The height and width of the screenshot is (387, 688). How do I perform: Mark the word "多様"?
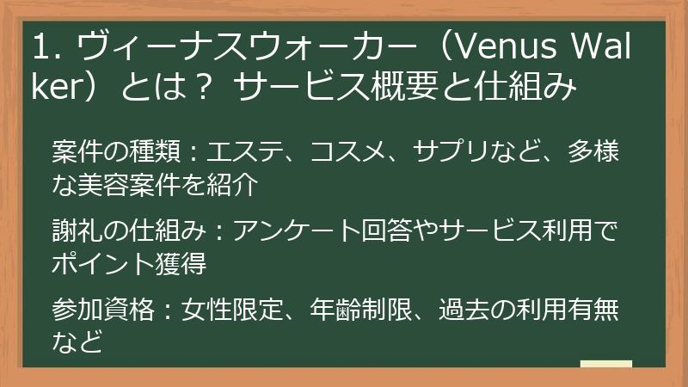pyautogui.click(x=599, y=152)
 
